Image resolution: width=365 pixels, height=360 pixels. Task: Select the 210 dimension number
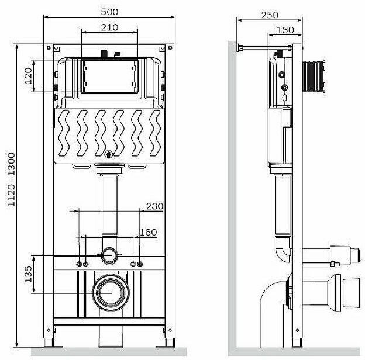click(x=109, y=27)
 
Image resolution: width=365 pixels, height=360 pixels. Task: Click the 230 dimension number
click(x=154, y=206)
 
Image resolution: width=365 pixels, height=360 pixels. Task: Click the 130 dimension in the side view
click(x=285, y=30)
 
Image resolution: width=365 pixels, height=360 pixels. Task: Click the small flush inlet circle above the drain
click(x=108, y=255)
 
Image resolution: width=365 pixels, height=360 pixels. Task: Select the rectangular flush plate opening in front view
click(x=109, y=76)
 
